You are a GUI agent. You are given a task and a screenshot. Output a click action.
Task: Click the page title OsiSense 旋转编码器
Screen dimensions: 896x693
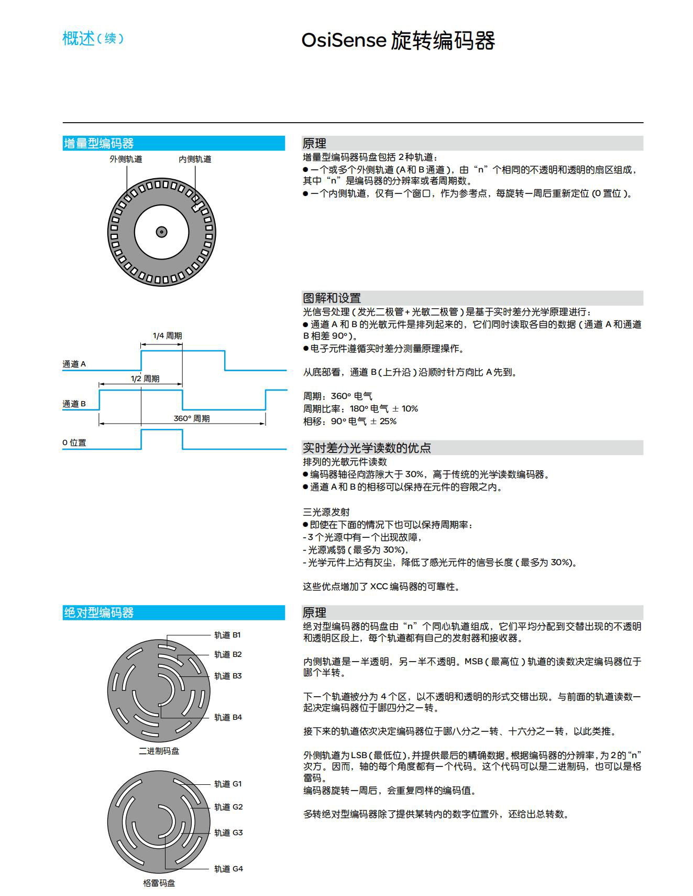click(x=398, y=41)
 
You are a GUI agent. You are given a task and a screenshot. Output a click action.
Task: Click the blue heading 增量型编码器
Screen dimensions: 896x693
click(x=98, y=143)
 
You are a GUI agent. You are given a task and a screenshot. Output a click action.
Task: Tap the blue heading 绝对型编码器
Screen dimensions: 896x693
click(x=98, y=612)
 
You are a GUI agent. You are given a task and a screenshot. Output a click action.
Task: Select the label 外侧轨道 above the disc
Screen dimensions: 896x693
click(x=126, y=159)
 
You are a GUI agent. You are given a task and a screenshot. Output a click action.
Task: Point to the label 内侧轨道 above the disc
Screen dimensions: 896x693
click(x=195, y=159)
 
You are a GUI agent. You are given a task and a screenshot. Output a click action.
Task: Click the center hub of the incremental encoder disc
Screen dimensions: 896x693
click(x=161, y=232)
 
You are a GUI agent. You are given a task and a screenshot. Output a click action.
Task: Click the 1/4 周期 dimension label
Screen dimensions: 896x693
click(x=167, y=336)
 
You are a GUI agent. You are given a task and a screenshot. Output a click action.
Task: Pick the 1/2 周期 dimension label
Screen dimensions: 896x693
click(x=145, y=379)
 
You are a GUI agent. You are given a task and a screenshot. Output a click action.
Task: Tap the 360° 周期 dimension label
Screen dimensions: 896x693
click(x=192, y=418)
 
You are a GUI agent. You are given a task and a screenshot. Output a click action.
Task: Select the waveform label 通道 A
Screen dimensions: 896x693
click(x=74, y=364)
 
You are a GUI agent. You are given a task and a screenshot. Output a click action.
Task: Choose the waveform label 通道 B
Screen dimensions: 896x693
click(x=74, y=404)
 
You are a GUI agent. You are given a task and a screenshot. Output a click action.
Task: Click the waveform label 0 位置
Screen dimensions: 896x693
click(x=74, y=442)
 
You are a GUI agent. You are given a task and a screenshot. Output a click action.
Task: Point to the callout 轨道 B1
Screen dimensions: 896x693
click(x=227, y=635)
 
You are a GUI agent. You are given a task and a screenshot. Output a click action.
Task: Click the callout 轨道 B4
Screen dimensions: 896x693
click(x=228, y=717)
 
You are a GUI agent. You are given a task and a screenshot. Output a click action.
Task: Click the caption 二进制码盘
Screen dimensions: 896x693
click(x=159, y=751)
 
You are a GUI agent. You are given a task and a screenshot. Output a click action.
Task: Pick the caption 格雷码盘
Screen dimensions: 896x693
click(x=159, y=883)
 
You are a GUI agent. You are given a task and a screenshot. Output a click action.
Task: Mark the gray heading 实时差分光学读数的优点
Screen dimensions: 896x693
click(x=367, y=448)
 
